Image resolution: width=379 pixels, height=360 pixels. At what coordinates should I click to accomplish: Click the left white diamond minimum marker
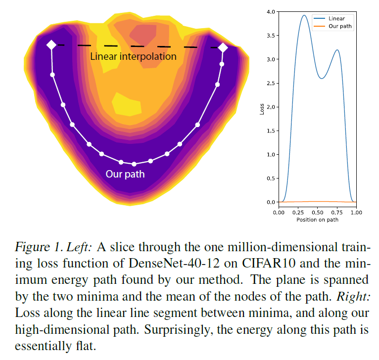pyautogui.click(x=51, y=45)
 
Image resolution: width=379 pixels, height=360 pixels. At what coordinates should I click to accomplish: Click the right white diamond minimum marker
pyautogui.click(x=223, y=47)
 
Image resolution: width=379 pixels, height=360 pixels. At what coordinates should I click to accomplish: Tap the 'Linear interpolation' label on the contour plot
pyautogui.click(x=133, y=56)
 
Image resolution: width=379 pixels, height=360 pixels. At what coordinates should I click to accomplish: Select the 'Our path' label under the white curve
pyautogui.click(x=125, y=174)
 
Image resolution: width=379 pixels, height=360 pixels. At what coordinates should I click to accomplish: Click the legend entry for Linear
pyautogui.click(x=336, y=18)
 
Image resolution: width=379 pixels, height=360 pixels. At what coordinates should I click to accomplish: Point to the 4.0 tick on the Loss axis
pyautogui.click(x=270, y=11)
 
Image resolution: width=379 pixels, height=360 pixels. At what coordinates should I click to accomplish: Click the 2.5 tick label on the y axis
pyautogui.click(x=270, y=83)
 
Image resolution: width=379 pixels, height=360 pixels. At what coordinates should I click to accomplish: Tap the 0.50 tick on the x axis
pyautogui.click(x=317, y=212)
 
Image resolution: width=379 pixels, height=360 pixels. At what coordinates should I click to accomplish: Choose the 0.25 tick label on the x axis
pyautogui.click(x=298, y=212)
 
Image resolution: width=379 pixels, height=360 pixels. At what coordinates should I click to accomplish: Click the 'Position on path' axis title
pyautogui.click(x=317, y=220)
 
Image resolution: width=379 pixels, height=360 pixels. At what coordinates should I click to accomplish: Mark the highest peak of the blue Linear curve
pyautogui.click(x=304, y=15)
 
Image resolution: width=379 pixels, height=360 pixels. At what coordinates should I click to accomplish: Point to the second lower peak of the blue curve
pyautogui.click(x=337, y=50)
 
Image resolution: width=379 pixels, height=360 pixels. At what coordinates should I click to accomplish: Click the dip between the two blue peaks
pyautogui.click(x=321, y=78)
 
